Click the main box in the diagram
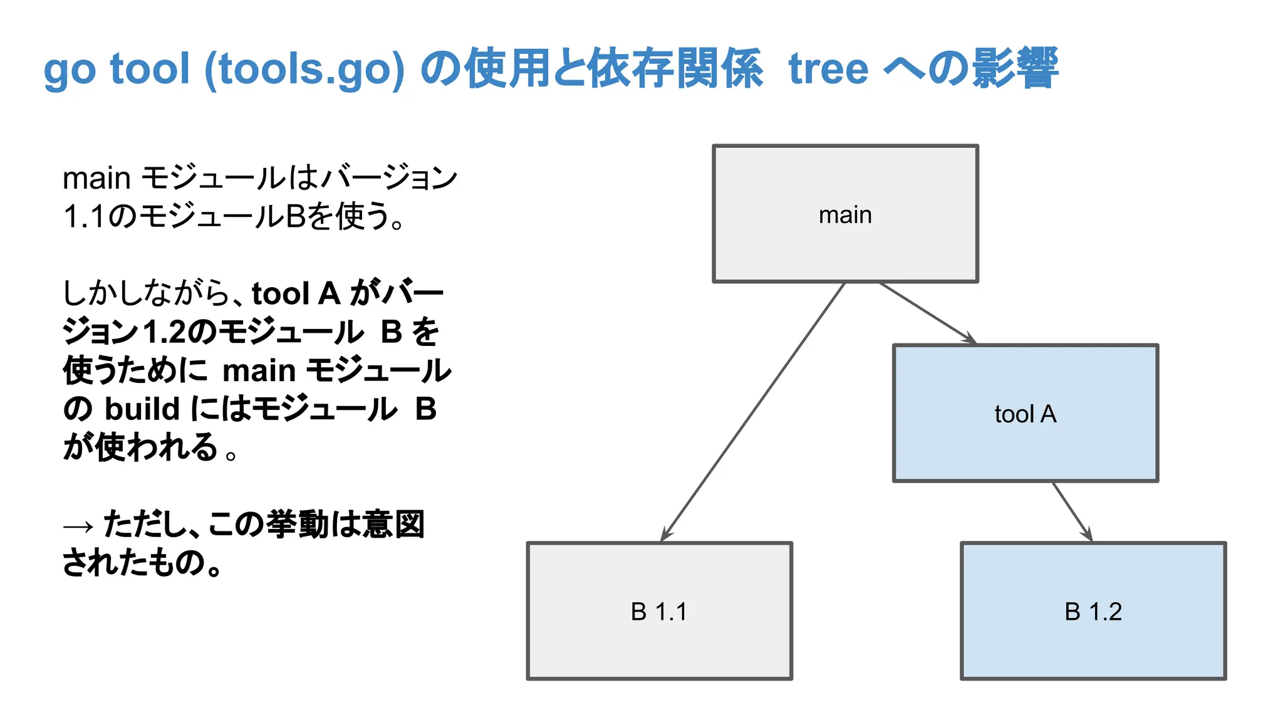pyautogui.click(x=845, y=214)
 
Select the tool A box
pyautogui.click(x=1025, y=413)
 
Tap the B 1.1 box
pyautogui.click(x=659, y=611)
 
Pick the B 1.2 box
pyautogui.click(x=1093, y=611)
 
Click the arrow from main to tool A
pyautogui.click(x=927, y=313)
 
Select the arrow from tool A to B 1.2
pyautogui.click(x=1072, y=511)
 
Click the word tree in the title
pyautogui.click(x=828, y=68)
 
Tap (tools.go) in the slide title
pyautogui.click(x=304, y=68)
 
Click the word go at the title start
pyautogui.click(x=68, y=70)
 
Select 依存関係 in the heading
pyautogui.click(x=675, y=68)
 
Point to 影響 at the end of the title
pyautogui.click(x=1015, y=68)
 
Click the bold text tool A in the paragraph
pyautogui.click(x=296, y=293)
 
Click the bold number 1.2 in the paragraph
pyautogui.click(x=165, y=332)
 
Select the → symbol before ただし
pyautogui.click(x=78, y=525)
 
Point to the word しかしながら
pyautogui.click(x=147, y=293)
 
